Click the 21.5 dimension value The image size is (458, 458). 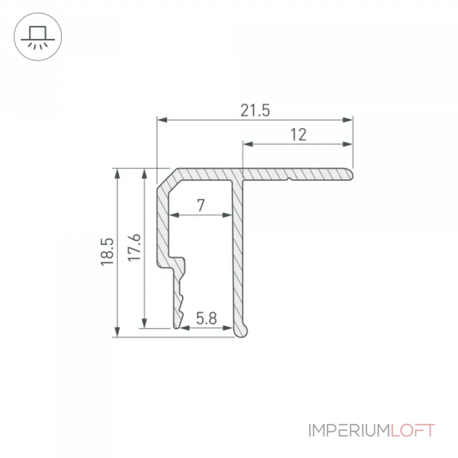[x=255, y=110]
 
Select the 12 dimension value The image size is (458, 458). [x=298, y=135]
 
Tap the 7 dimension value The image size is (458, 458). [x=201, y=206]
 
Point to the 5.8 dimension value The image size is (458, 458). [x=206, y=318]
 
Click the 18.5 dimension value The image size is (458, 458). [x=107, y=252]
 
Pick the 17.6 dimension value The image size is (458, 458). [x=135, y=248]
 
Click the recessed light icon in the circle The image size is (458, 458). [x=38, y=37]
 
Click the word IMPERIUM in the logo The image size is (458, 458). [x=349, y=431]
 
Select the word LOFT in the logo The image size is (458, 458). [x=413, y=431]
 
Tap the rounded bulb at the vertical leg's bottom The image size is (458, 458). [x=242, y=331]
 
